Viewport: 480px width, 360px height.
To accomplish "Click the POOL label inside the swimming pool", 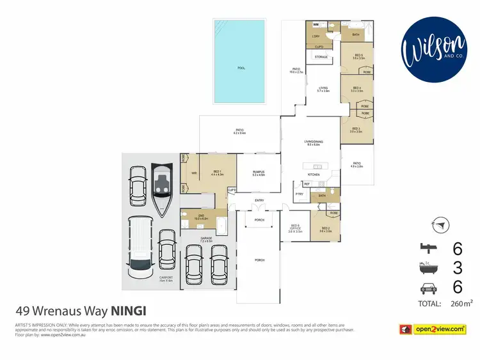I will coord(241,68).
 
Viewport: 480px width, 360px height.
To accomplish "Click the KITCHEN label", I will coord(314,175).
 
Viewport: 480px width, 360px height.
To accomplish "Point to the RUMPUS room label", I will coord(258,172).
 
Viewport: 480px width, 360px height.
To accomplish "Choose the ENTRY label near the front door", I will coord(259,200).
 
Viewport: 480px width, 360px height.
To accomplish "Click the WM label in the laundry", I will coord(316,24).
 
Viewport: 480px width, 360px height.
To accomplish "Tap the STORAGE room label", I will coord(321,57).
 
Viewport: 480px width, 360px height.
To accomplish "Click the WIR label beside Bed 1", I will coord(193,172).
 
